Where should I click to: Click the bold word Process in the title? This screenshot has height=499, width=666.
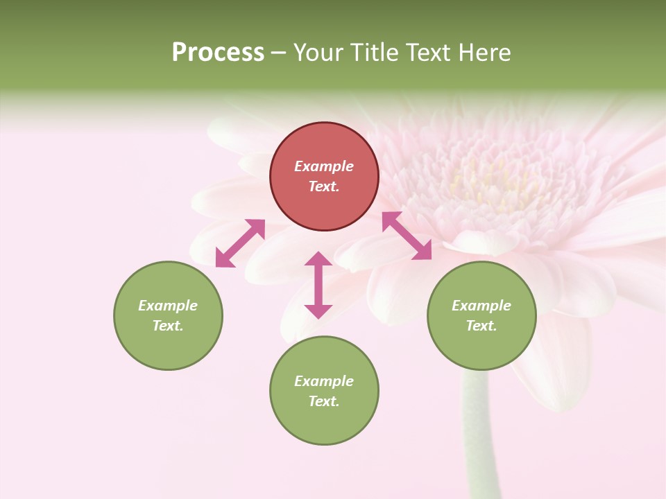[218, 53]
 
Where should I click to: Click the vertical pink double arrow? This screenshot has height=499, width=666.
[318, 285]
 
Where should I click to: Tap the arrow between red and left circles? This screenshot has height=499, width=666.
[240, 243]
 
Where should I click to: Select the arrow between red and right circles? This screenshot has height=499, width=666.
[407, 236]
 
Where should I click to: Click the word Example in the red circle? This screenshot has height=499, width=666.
[324, 166]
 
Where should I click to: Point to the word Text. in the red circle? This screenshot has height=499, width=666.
[324, 186]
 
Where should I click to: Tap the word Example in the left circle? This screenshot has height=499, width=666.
[168, 306]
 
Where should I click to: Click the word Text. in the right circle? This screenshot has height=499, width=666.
[481, 326]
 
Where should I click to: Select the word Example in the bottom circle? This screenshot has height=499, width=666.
[324, 381]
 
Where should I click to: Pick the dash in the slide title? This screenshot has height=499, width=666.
[278, 53]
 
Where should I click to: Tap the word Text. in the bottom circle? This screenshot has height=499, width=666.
[324, 401]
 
